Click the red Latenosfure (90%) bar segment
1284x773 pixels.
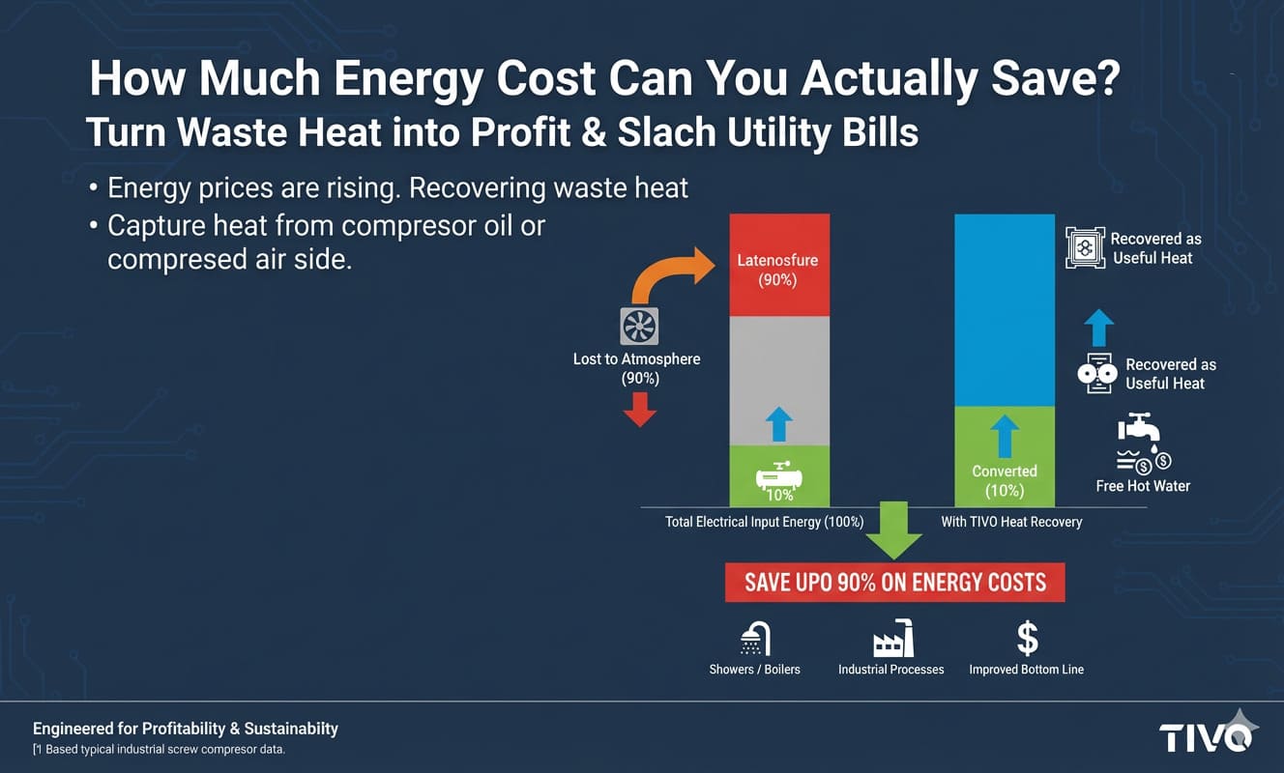(x=778, y=266)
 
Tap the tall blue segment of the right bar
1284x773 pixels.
(x=1004, y=309)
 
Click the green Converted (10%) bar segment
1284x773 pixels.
(x=1004, y=456)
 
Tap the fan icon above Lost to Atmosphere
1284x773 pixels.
(x=639, y=328)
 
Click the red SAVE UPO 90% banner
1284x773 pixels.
(x=894, y=583)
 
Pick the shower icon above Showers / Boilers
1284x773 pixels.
(x=755, y=639)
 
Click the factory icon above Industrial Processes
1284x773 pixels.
(x=891, y=640)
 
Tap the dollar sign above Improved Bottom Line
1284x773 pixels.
(x=1027, y=639)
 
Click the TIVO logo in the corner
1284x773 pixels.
(x=1206, y=736)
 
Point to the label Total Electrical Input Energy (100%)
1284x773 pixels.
(x=764, y=522)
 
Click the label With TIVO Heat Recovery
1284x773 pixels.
(x=1011, y=522)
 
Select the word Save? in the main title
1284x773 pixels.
(x=1055, y=79)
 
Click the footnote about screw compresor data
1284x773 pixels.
(x=160, y=750)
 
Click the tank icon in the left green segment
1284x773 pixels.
(x=778, y=477)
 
